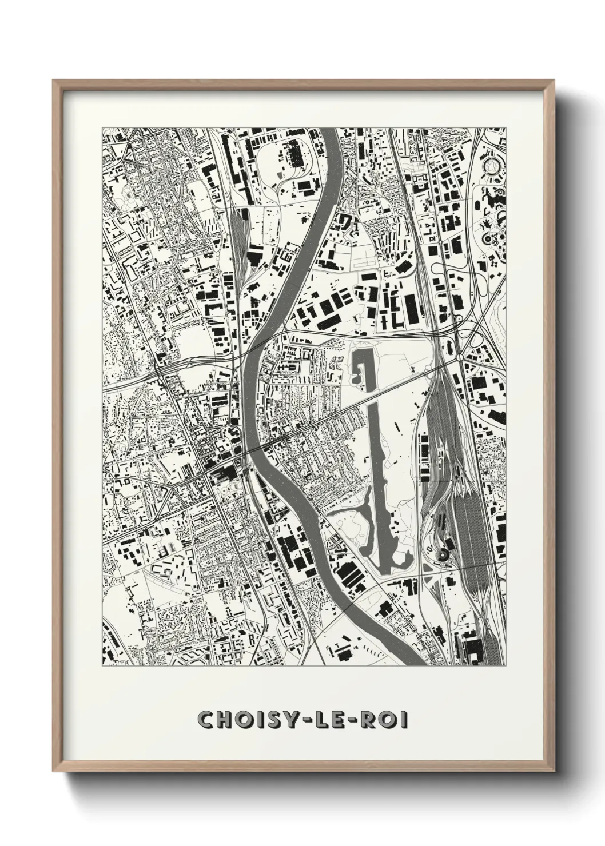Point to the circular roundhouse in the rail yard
(443, 553)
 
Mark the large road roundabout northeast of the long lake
(461, 358)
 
